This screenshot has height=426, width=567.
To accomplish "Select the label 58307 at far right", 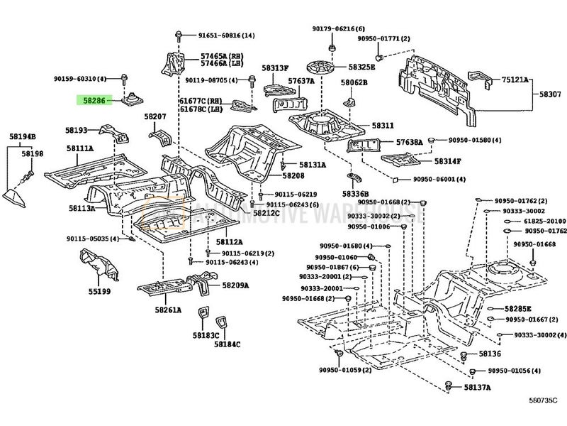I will click(x=550, y=94).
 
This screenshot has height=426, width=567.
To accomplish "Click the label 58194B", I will click(x=23, y=136).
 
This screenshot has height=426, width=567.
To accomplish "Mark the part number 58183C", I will click(x=206, y=334).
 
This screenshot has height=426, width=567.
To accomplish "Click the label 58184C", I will click(x=227, y=344).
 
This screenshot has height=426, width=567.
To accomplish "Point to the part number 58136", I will click(x=490, y=353).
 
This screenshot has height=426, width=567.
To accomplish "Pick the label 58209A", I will click(x=235, y=285).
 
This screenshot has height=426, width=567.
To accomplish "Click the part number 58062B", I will click(x=354, y=82).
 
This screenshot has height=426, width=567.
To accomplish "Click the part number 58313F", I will click(x=276, y=69).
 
